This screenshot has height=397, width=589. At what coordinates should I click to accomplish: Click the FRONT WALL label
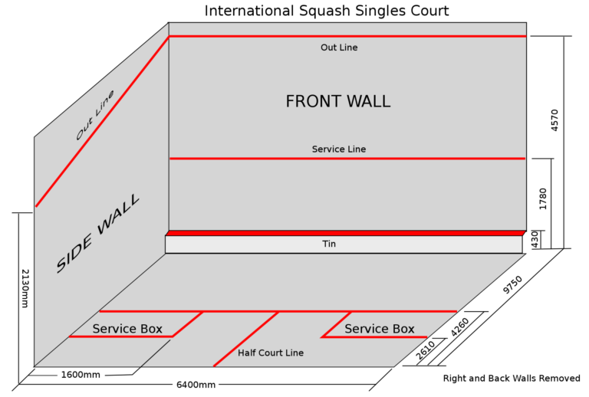click(337, 101)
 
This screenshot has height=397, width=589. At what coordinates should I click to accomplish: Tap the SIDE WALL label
click(98, 234)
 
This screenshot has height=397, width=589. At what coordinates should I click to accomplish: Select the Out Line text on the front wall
click(339, 48)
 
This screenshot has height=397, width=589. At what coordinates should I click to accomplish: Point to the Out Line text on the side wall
click(95, 116)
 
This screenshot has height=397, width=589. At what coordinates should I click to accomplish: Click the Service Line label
click(339, 149)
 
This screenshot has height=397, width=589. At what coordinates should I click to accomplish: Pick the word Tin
click(329, 244)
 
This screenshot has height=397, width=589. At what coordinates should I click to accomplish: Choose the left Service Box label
click(127, 329)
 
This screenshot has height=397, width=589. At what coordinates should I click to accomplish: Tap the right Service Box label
click(380, 329)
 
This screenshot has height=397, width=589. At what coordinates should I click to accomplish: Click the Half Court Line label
click(271, 353)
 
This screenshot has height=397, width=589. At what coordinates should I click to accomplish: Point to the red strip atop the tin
click(345, 233)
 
